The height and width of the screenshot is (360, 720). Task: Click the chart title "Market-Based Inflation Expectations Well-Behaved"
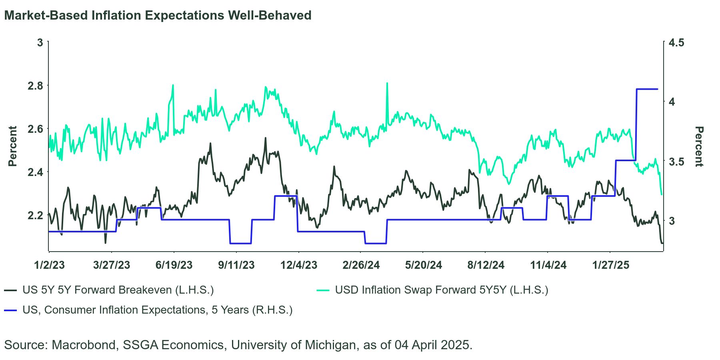(x=158, y=16)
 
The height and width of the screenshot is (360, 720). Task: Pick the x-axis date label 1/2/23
(x=49, y=265)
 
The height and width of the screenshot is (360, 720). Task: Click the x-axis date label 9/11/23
(x=236, y=265)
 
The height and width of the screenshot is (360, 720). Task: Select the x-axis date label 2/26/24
(x=361, y=265)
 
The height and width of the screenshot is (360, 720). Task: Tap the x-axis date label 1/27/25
(x=610, y=265)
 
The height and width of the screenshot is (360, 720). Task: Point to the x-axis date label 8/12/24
(x=486, y=265)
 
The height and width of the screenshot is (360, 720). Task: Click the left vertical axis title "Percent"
(x=13, y=146)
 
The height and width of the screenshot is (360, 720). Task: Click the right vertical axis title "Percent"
(x=699, y=146)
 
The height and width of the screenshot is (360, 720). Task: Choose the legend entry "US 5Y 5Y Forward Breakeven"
(x=118, y=290)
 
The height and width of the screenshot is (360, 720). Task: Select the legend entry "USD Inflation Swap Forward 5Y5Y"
(x=441, y=290)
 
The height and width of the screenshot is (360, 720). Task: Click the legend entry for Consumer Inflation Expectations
(x=157, y=310)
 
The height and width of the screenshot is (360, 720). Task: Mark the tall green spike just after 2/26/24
(x=387, y=84)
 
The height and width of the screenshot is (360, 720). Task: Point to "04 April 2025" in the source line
(x=433, y=345)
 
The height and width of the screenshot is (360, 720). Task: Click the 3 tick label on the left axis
(x=40, y=42)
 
